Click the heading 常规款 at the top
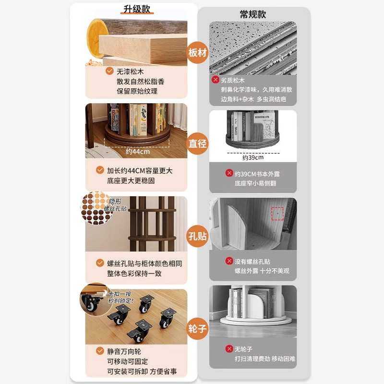coord(252,14)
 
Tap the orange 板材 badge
coord(198,52)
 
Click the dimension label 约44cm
coord(138,151)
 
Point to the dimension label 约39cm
coord(252,157)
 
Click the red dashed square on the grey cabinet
coord(277,214)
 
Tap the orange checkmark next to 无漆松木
coord(109,71)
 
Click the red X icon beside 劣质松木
coord(216,80)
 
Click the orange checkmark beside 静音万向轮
coord(100,351)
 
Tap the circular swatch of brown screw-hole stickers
coord(94,207)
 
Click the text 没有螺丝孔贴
coord(252,262)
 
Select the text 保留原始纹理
coord(137,91)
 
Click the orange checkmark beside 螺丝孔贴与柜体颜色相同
coord(100,263)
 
